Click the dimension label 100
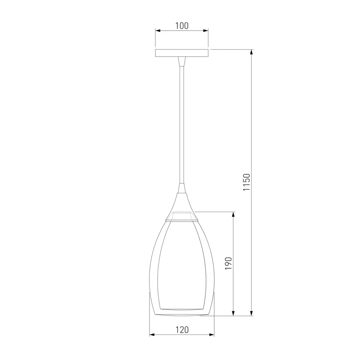(x=182, y=26)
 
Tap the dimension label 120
(x=182, y=330)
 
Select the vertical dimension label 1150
(x=246, y=182)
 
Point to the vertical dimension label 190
(x=229, y=264)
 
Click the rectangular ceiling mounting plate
(x=182, y=53)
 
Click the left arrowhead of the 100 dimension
(x=158, y=31)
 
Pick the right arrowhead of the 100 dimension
(x=206, y=31)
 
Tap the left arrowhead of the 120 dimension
(x=152, y=335)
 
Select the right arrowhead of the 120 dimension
(x=212, y=335)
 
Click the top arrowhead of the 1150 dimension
(x=252, y=52)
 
